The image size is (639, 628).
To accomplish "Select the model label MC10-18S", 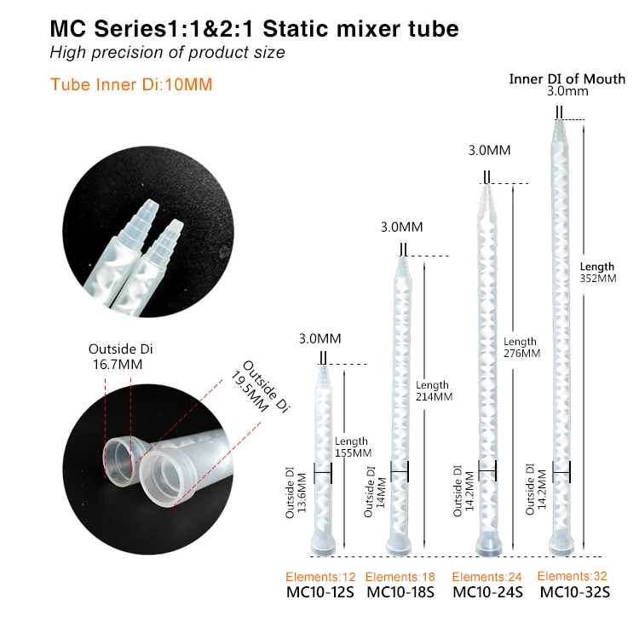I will tap(404, 592).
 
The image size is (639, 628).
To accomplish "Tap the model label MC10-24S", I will tap(487, 592).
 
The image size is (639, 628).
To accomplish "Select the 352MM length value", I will tap(598, 278).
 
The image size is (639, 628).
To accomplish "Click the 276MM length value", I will tap(521, 353).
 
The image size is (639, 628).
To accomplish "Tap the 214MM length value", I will tap(434, 396).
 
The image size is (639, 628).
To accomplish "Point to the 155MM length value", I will tap(351, 453).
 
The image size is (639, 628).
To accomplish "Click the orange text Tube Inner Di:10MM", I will tap(131, 84).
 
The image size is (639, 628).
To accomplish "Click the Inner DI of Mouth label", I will tap(567, 79).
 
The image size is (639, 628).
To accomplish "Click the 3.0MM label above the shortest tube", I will tap(319, 339).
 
